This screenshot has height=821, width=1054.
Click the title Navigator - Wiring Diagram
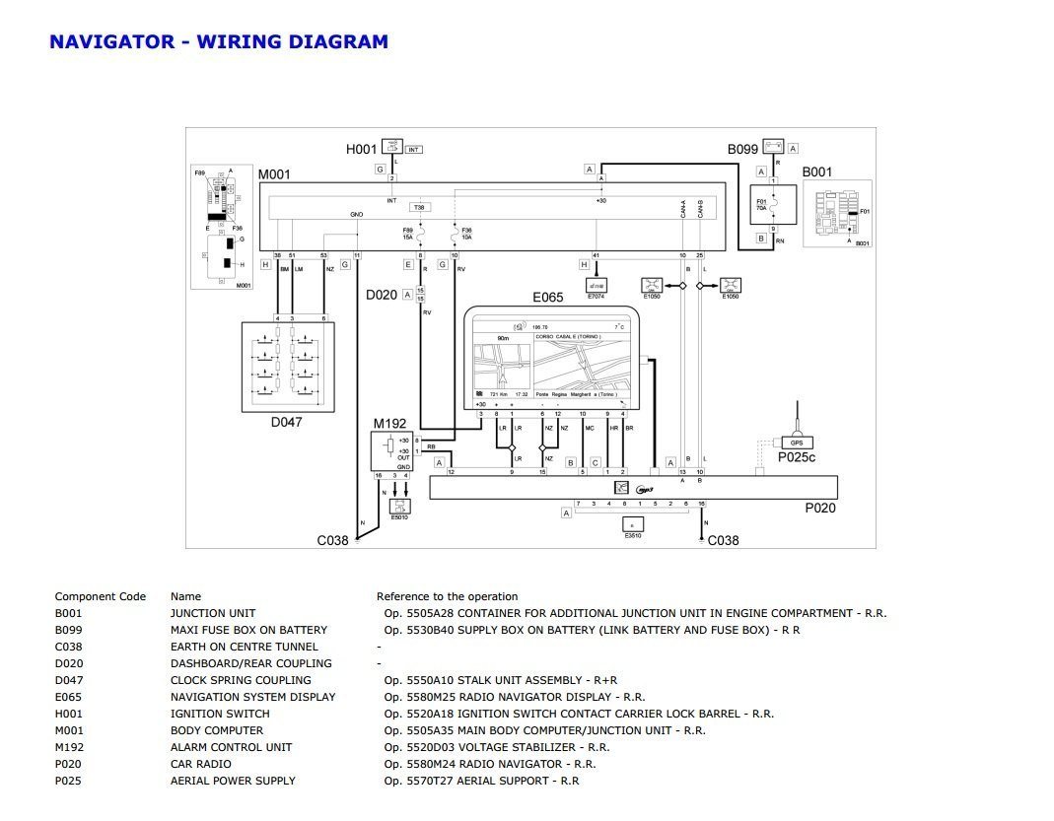coord(218,41)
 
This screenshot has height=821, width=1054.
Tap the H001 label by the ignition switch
coord(361,149)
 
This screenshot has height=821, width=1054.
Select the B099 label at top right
coord(742,150)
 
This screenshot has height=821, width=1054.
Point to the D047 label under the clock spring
coord(286,422)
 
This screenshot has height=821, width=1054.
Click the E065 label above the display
coord(547,297)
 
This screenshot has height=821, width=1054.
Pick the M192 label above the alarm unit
coord(389,424)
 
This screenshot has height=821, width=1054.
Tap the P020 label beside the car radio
coord(819,509)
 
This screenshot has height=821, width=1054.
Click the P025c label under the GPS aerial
coord(797,457)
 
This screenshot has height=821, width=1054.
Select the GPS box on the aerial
coord(797,443)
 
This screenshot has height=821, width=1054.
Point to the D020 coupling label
coord(382,295)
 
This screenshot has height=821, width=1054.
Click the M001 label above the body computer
coord(274,175)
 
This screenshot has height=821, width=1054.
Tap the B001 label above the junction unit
coord(816,172)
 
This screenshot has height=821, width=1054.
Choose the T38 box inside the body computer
coord(419,208)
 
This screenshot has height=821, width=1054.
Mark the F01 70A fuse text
coord(760,207)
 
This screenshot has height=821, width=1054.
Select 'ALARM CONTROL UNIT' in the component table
coord(231,747)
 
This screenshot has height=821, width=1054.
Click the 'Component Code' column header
coord(100,596)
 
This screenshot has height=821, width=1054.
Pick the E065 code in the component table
coord(70,697)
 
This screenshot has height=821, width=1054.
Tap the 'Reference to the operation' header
coord(447,596)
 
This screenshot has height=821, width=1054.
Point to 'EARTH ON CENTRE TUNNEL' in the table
coord(244,647)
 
